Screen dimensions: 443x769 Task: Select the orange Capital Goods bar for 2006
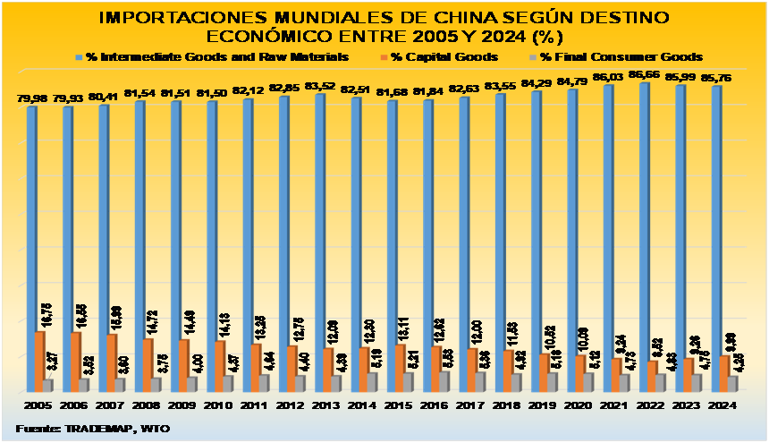click(x=75, y=362)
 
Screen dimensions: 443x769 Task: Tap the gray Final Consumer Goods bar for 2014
click(x=372, y=381)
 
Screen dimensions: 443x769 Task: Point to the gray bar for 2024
click(x=732, y=383)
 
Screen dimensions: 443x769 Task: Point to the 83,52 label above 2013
click(x=319, y=86)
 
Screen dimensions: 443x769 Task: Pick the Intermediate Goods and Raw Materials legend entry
click(x=215, y=56)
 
